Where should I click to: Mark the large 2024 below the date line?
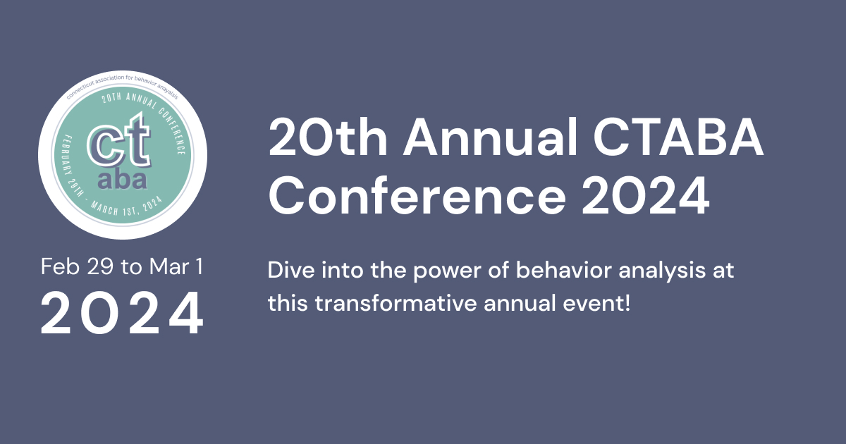tap(122, 313)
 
